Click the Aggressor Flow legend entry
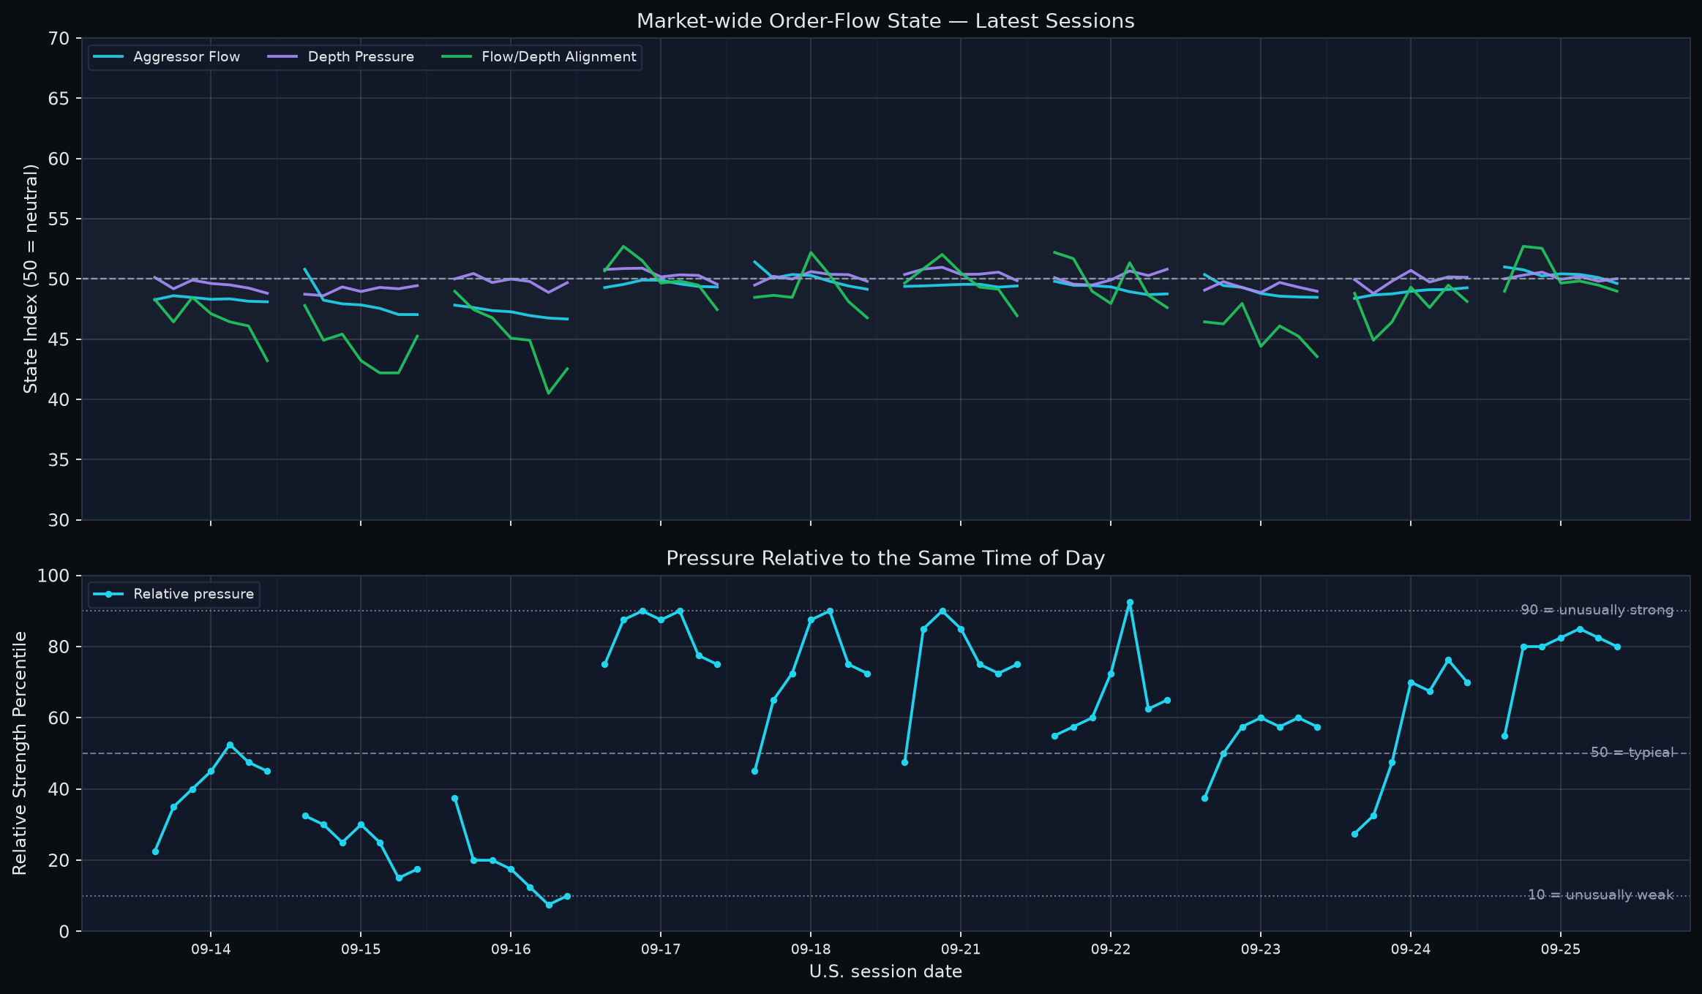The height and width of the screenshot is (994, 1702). coord(167,57)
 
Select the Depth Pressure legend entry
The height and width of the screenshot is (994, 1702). coord(341,57)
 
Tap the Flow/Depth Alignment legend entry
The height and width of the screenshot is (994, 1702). coord(539,57)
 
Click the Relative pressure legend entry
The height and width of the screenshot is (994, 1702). coord(174,594)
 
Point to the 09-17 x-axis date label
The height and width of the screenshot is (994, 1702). coord(660,949)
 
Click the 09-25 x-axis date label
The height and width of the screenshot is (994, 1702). coord(1560,949)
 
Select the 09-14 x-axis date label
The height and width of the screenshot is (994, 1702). coord(211,949)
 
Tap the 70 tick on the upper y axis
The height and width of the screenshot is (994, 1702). coord(61,38)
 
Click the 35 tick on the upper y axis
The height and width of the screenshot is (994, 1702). coord(61,460)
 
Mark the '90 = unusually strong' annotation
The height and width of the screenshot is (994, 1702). coord(1597,610)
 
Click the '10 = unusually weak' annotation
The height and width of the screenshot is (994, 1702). coord(1600,895)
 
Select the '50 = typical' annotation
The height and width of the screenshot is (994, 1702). coord(1632,753)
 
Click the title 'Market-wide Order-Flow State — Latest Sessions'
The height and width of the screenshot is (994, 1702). coord(885,21)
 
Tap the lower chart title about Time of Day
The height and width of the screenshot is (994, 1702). coord(885,559)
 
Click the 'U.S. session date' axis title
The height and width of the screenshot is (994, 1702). coord(885,971)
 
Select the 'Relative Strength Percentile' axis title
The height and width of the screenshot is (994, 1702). coord(20,753)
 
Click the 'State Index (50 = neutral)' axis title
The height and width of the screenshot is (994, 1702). coord(31,279)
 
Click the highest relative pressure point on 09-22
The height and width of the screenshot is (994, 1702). coord(1130,603)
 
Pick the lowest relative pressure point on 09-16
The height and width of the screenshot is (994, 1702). coord(549,905)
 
